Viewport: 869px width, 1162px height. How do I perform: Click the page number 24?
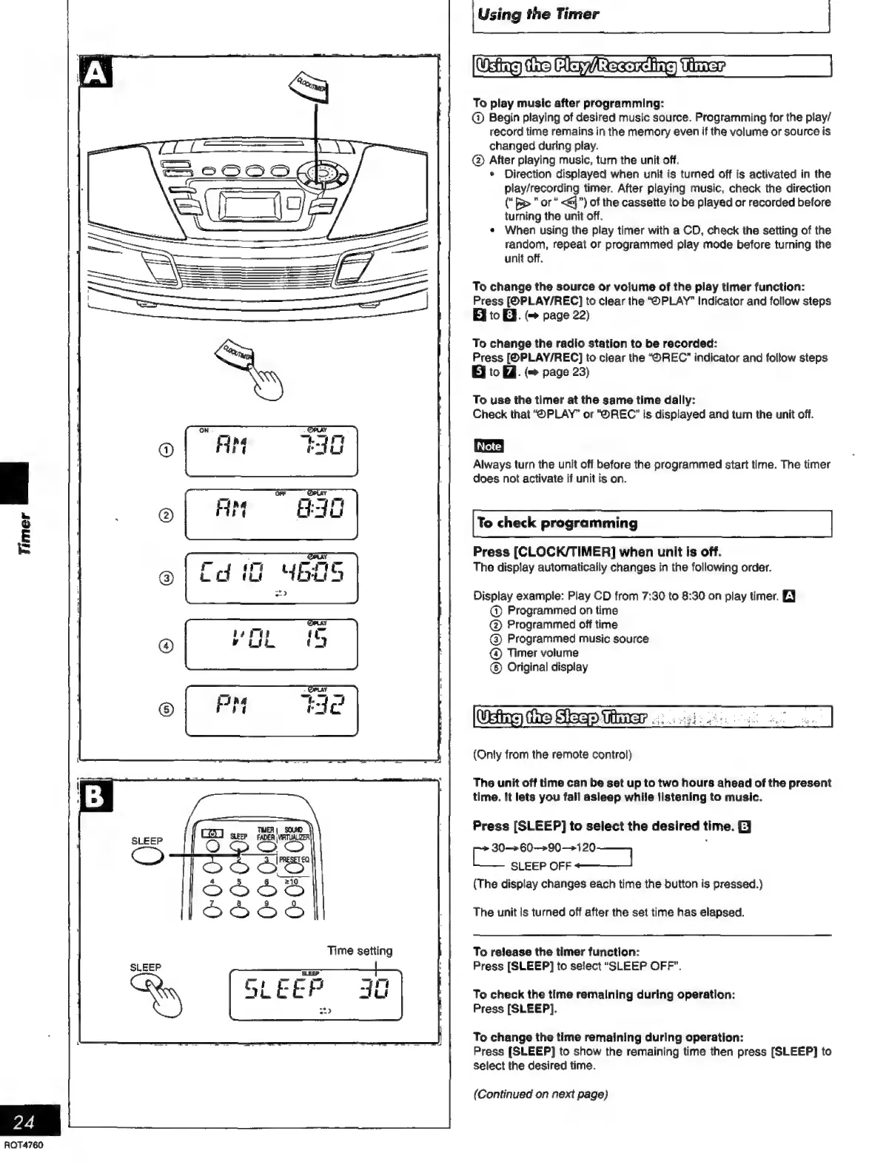[x=24, y=1122]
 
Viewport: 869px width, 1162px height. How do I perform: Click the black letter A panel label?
[x=95, y=75]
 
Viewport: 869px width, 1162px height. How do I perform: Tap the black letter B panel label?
[x=96, y=797]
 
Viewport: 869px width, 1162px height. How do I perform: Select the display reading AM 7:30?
[x=271, y=451]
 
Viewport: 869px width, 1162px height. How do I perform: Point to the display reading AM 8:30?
[x=271, y=514]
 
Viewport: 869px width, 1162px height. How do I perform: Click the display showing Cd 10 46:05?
[x=271, y=578]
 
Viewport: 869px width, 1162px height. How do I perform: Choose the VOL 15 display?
[x=271, y=643]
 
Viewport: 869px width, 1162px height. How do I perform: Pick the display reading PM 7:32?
[x=271, y=710]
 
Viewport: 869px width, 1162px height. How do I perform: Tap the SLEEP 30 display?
[x=315, y=994]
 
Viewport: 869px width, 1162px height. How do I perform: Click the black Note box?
[x=489, y=446]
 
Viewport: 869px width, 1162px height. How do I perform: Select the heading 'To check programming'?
[x=557, y=523]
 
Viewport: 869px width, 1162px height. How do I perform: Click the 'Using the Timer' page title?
[x=538, y=14]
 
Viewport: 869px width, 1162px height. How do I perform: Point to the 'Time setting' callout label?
[x=360, y=951]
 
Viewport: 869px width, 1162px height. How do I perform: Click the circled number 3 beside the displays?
[x=167, y=578]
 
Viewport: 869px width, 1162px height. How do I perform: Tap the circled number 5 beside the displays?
[x=167, y=709]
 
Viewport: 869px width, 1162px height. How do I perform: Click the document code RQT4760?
[x=24, y=1146]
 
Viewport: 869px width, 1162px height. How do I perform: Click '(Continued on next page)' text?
[x=540, y=1094]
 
